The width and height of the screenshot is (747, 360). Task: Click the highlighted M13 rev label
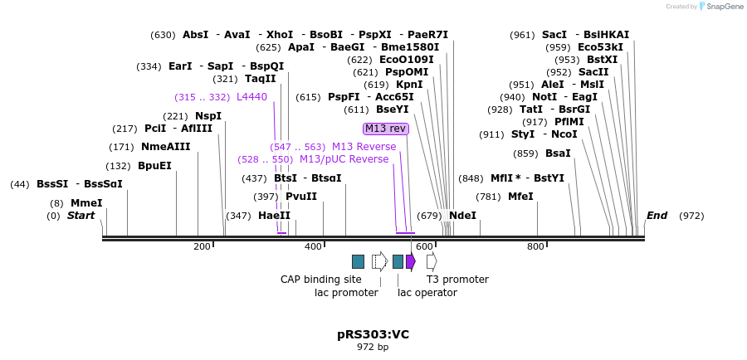click(386, 129)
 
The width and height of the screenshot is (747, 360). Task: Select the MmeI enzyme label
click(86, 203)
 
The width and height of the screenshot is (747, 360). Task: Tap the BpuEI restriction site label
click(154, 166)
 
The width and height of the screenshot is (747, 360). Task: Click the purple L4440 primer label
click(251, 97)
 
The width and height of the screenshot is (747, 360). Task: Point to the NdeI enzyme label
click(462, 216)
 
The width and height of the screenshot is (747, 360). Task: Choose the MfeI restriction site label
click(520, 197)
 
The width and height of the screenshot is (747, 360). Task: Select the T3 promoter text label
click(457, 280)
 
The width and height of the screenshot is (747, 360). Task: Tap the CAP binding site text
click(320, 280)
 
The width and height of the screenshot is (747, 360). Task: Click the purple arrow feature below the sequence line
click(410, 261)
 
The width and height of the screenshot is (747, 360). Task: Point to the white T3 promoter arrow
click(432, 261)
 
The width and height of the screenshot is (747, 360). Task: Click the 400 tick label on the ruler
click(314, 246)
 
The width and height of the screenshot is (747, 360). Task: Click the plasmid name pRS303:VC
click(373, 334)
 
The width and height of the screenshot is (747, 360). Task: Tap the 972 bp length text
click(373, 347)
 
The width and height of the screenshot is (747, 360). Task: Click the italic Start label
click(81, 216)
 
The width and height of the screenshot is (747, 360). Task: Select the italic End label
click(657, 216)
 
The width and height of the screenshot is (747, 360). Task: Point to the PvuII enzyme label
click(301, 197)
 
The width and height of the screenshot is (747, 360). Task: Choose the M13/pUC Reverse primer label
click(344, 159)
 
